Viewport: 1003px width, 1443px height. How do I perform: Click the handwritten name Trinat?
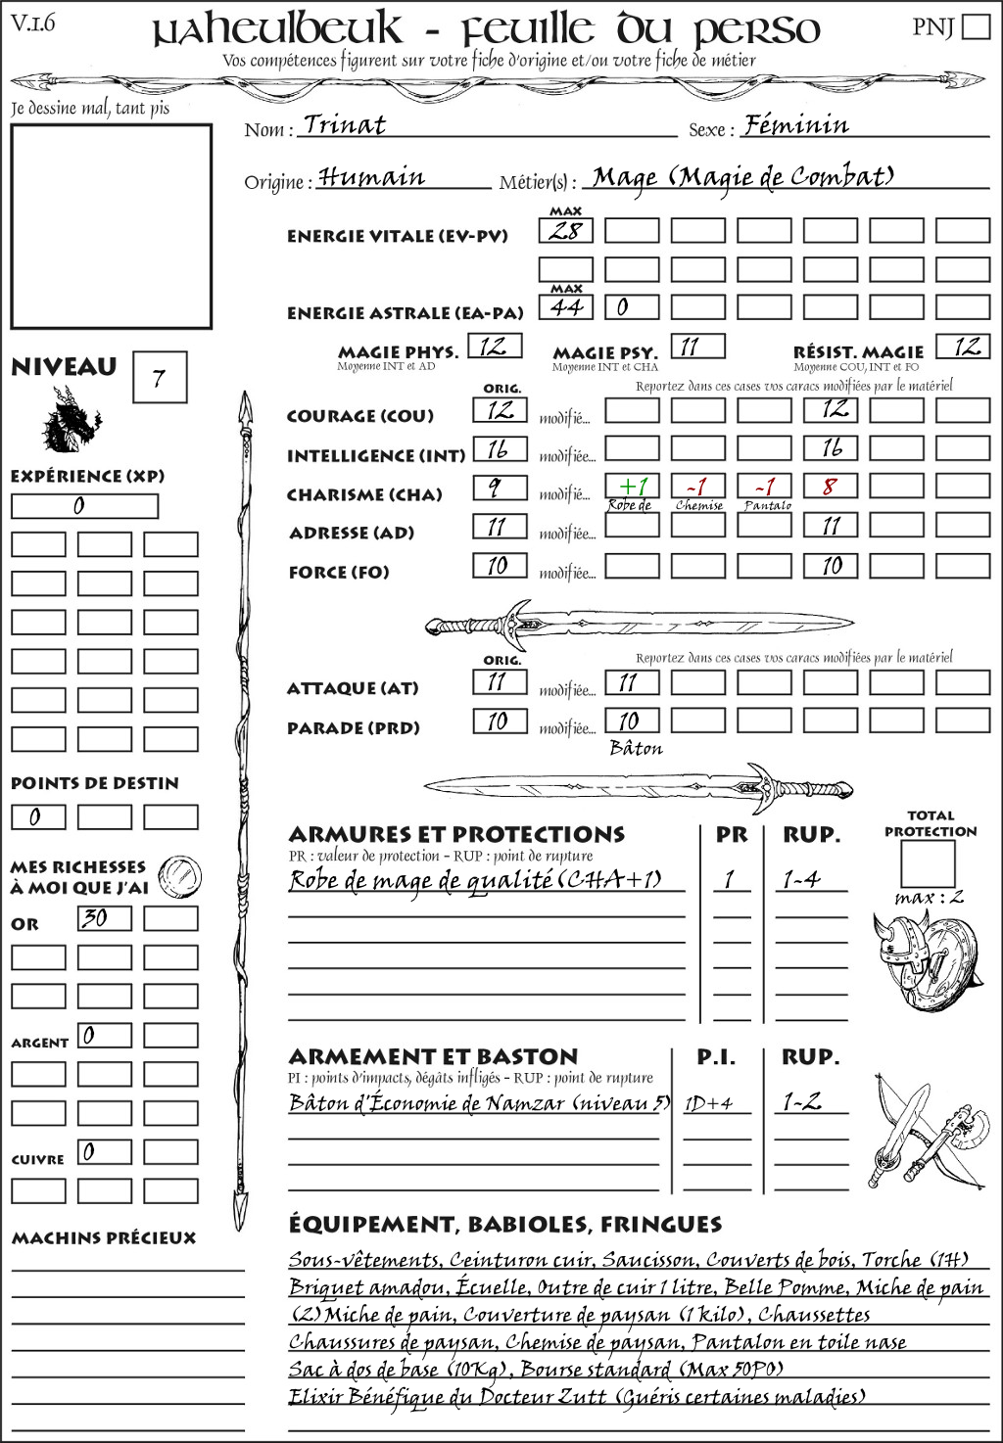pos(345,124)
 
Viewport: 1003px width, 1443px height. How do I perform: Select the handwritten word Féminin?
pos(795,124)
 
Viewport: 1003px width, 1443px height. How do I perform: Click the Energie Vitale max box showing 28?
pos(566,231)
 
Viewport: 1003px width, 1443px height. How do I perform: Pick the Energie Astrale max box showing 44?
pos(566,307)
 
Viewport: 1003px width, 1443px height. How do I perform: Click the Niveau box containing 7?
pos(159,378)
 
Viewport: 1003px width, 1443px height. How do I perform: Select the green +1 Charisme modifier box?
pos(632,487)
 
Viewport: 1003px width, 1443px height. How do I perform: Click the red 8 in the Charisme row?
pos(831,487)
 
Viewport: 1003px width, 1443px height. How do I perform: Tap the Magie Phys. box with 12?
pos(495,346)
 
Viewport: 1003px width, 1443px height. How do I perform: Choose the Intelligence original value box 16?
pos(499,449)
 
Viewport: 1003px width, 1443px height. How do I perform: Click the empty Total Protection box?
pos(928,863)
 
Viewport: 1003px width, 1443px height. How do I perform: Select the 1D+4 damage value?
pos(708,1103)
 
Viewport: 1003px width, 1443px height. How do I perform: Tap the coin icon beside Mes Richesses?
pos(179,874)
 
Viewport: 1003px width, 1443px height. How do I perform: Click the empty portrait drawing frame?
pos(111,226)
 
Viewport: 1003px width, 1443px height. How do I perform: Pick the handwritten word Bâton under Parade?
pos(637,749)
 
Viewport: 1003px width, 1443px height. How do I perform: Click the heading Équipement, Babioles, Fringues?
pos(504,1224)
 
